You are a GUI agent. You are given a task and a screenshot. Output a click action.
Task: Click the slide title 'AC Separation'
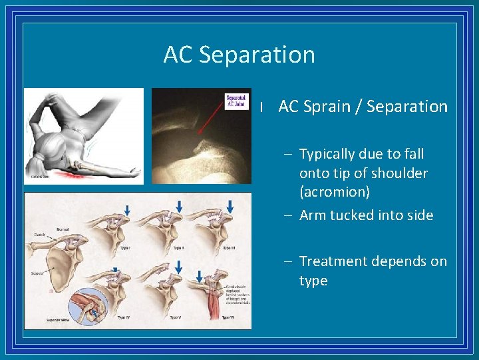(x=239, y=55)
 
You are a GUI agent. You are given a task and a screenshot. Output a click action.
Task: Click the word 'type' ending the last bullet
(x=313, y=281)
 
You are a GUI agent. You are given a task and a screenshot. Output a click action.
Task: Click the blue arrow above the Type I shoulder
(x=127, y=210)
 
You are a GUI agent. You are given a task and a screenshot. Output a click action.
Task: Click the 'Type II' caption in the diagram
(x=176, y=247)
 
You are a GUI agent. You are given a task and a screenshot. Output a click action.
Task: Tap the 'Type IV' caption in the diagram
(x=123, y=317)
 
